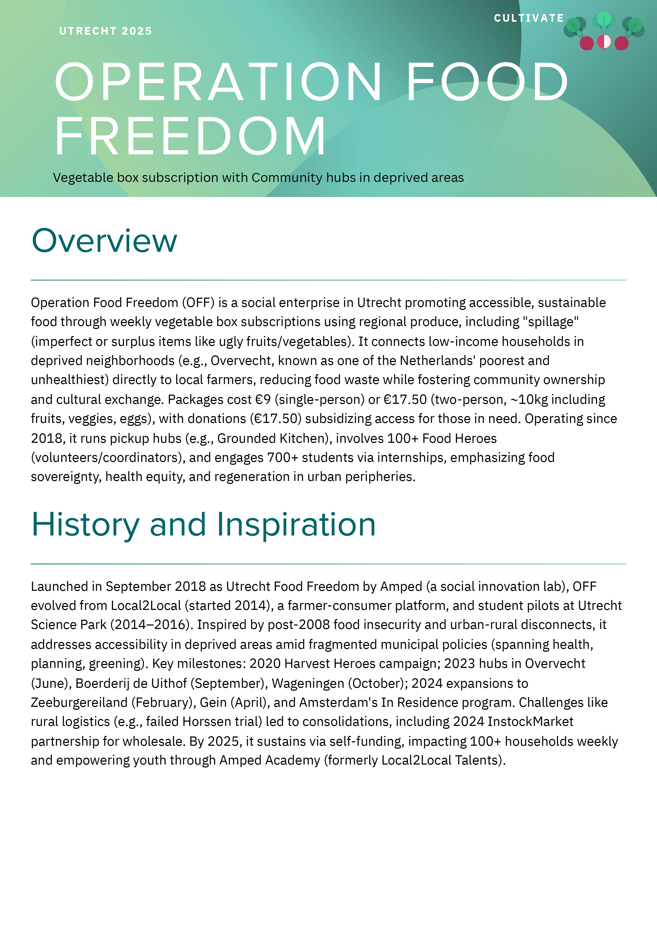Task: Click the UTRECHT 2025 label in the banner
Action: pos(106,31)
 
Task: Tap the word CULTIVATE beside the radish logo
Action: pos(529,18)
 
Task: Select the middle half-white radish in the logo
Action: pos(604,42)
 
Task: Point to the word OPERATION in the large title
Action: pos(218,82)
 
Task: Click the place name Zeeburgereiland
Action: pos(79,702)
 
